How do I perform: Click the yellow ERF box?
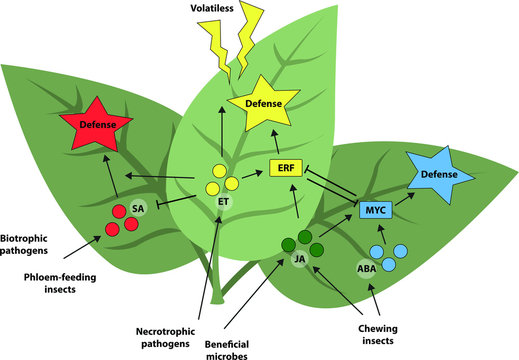coord(286,168)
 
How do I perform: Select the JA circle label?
coord(299,260)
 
